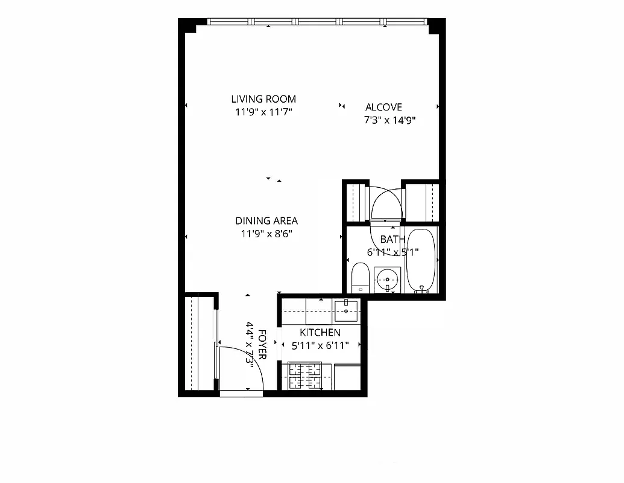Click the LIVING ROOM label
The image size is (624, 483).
click(263, 99)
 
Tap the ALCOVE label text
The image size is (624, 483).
click(383, 107)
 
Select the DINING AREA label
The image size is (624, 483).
click(266, 221)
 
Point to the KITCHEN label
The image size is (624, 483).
click(320, 333)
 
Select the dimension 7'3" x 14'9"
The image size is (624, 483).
click(390, 120)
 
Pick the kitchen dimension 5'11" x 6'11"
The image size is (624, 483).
click(320, 346)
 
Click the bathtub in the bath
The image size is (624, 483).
click(420, 260)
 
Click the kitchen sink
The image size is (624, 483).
click(347, 310)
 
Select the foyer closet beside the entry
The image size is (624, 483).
click(199, 343)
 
